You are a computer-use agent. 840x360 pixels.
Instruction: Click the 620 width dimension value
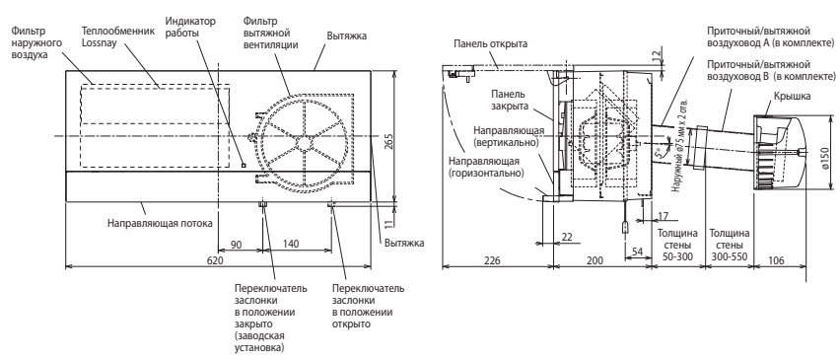point(215,261)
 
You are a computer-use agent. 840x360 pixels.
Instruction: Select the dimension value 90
point(236,245)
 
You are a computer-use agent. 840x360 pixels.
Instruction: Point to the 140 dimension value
point(290,245)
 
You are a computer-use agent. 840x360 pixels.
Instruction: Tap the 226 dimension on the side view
point(492,261)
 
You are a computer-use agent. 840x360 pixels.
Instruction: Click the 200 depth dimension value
point(595,261)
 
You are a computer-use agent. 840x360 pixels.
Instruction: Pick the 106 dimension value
point(776,261)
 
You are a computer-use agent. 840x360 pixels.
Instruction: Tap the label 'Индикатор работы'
point(190,28)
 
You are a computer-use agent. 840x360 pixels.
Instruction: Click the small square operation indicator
point(244,165)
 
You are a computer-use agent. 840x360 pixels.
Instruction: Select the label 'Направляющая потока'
point(160,223)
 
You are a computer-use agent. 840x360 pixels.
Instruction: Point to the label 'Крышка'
point(792,97)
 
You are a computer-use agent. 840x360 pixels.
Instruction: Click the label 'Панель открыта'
point(490,44)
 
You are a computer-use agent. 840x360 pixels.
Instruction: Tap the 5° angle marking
point(660,156)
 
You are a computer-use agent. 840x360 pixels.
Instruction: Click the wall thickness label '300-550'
point(730,256)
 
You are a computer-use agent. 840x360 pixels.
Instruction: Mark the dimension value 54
point(637,252)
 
